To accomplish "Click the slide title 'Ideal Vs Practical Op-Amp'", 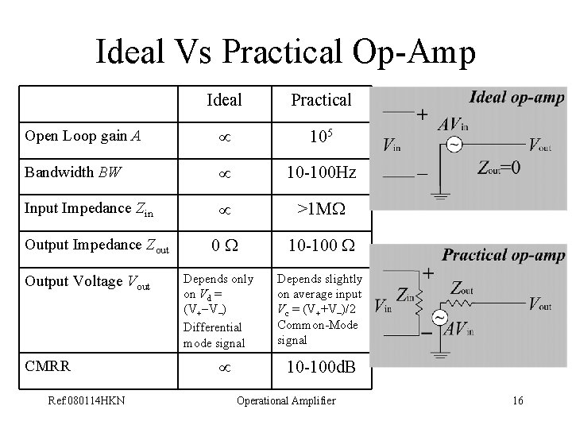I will click(x=285, y=52).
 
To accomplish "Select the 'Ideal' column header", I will click(x=224, y=99).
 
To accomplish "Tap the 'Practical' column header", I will click(x=321, y=99).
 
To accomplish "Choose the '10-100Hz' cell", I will click(x=321, y=171).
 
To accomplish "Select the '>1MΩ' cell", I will click(x=321, y=208).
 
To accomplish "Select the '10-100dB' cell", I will click(x=321, y=368).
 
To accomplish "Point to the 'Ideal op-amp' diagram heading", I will click(x=516, y=97).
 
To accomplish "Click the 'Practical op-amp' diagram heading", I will click(x=504, y=255).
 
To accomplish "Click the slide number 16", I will click(x=517, y=400).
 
